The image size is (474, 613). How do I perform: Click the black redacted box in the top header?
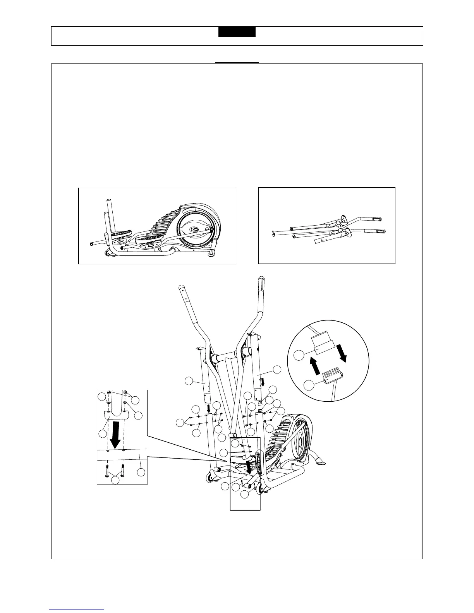pyautogui.click(x=237, y=32)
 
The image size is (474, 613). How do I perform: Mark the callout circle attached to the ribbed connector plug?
pyautogui.click(x=309, y=385)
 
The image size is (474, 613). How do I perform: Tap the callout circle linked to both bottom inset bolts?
pyautogui.click(x=115, y=480)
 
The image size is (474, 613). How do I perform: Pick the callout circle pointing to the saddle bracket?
pyautogui.click(x=102, y=434)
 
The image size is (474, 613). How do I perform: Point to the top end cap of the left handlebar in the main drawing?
pyautogui.click(x=180, y=287)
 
